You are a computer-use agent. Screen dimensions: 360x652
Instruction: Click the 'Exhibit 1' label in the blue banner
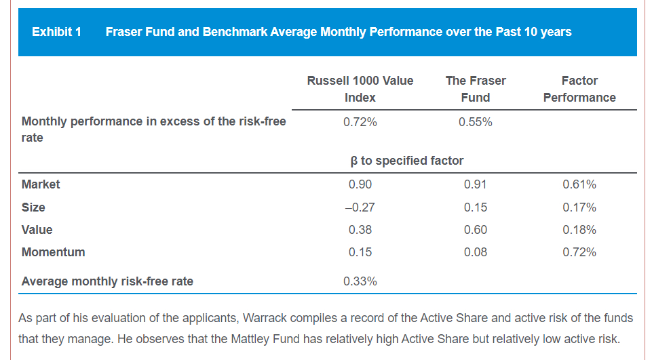pyautogui.click(x=56, y=32)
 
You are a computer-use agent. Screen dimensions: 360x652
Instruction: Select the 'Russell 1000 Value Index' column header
pyautogui.click(x=360, y=89)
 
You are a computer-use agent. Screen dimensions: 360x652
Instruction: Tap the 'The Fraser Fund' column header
pyautogui.click(x=475, y=89)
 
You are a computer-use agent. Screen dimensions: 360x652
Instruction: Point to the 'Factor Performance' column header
pyautogui.click(x=579, y=89)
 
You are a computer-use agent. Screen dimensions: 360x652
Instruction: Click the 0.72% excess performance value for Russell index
pyautogui.click(x=360, y=122)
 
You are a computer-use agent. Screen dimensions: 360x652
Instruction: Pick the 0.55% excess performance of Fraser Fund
pyautogui.click(x=475, y=122)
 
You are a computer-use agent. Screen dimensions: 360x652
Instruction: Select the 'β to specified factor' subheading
pyautogui.click(x=406, y=161)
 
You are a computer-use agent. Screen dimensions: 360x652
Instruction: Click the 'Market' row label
pyautogui.click(x=41, y=184)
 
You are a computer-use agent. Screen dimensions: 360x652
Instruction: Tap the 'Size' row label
pyautogui.click(x=33, y=207)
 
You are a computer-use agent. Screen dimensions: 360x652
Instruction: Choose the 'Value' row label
pyautogui.click(x=37, y=230)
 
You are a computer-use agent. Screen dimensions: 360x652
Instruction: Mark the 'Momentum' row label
pyautogui.click(x=54, y=252)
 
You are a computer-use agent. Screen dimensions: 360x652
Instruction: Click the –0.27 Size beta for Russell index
pyautogui.click(x=360, y=207)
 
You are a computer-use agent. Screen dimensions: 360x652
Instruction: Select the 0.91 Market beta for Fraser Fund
pyautogui.click(x=475, y=184)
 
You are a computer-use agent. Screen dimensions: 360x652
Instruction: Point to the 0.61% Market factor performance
pyautogui.click(x=579, y=184)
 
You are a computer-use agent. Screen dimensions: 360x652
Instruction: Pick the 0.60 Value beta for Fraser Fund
pyautogui.click(x=475, y=230)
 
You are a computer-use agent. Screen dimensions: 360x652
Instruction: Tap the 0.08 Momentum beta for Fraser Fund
pyautogui.click(x=475, y=252)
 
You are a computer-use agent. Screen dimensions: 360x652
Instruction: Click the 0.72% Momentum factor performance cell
pyautogui.click(x=579, y=252)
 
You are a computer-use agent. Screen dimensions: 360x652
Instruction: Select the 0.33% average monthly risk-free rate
pyautogui.click(x=360, y=281)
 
